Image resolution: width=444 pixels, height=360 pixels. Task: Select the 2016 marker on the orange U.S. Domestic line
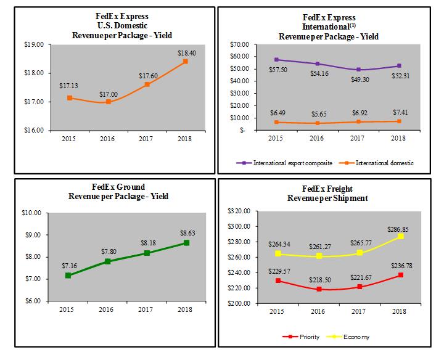(108, 102)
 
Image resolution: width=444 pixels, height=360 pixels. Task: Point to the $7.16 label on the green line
(68, 266)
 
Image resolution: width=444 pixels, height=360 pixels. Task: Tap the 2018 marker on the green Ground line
(186, 243)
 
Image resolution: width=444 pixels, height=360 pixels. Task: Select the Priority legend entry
(300, 337)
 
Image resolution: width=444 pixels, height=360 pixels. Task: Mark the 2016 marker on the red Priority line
(318, 289)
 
